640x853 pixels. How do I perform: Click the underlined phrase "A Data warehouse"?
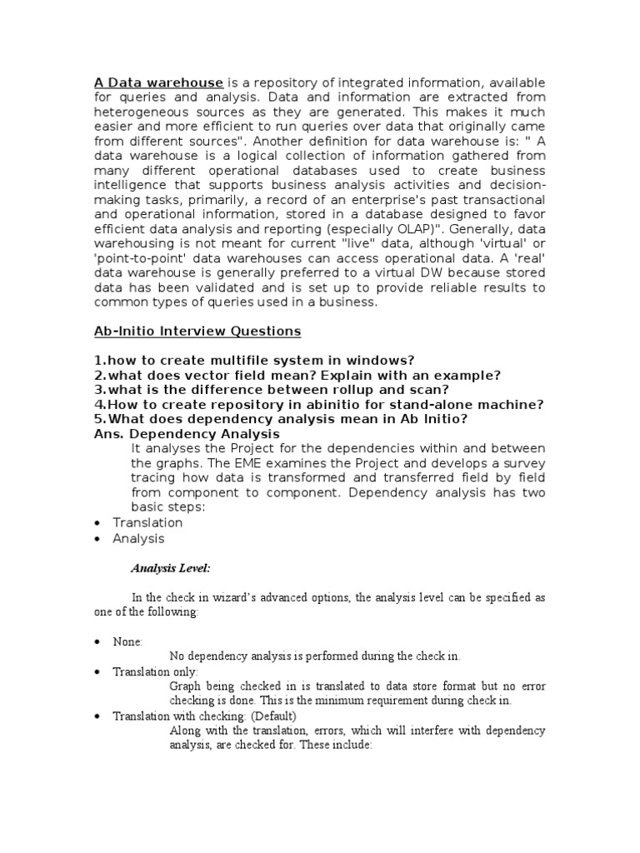coord(158,82)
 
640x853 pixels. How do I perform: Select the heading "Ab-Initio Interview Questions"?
coord(197,331)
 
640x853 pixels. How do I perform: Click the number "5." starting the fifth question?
coord(101,419)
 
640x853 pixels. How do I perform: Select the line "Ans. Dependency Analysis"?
coord(187,434)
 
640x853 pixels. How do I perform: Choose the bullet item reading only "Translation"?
coord(147,522)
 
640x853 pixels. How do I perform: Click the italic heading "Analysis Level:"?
coord(171,568)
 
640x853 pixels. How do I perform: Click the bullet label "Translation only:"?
coord(155,671)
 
